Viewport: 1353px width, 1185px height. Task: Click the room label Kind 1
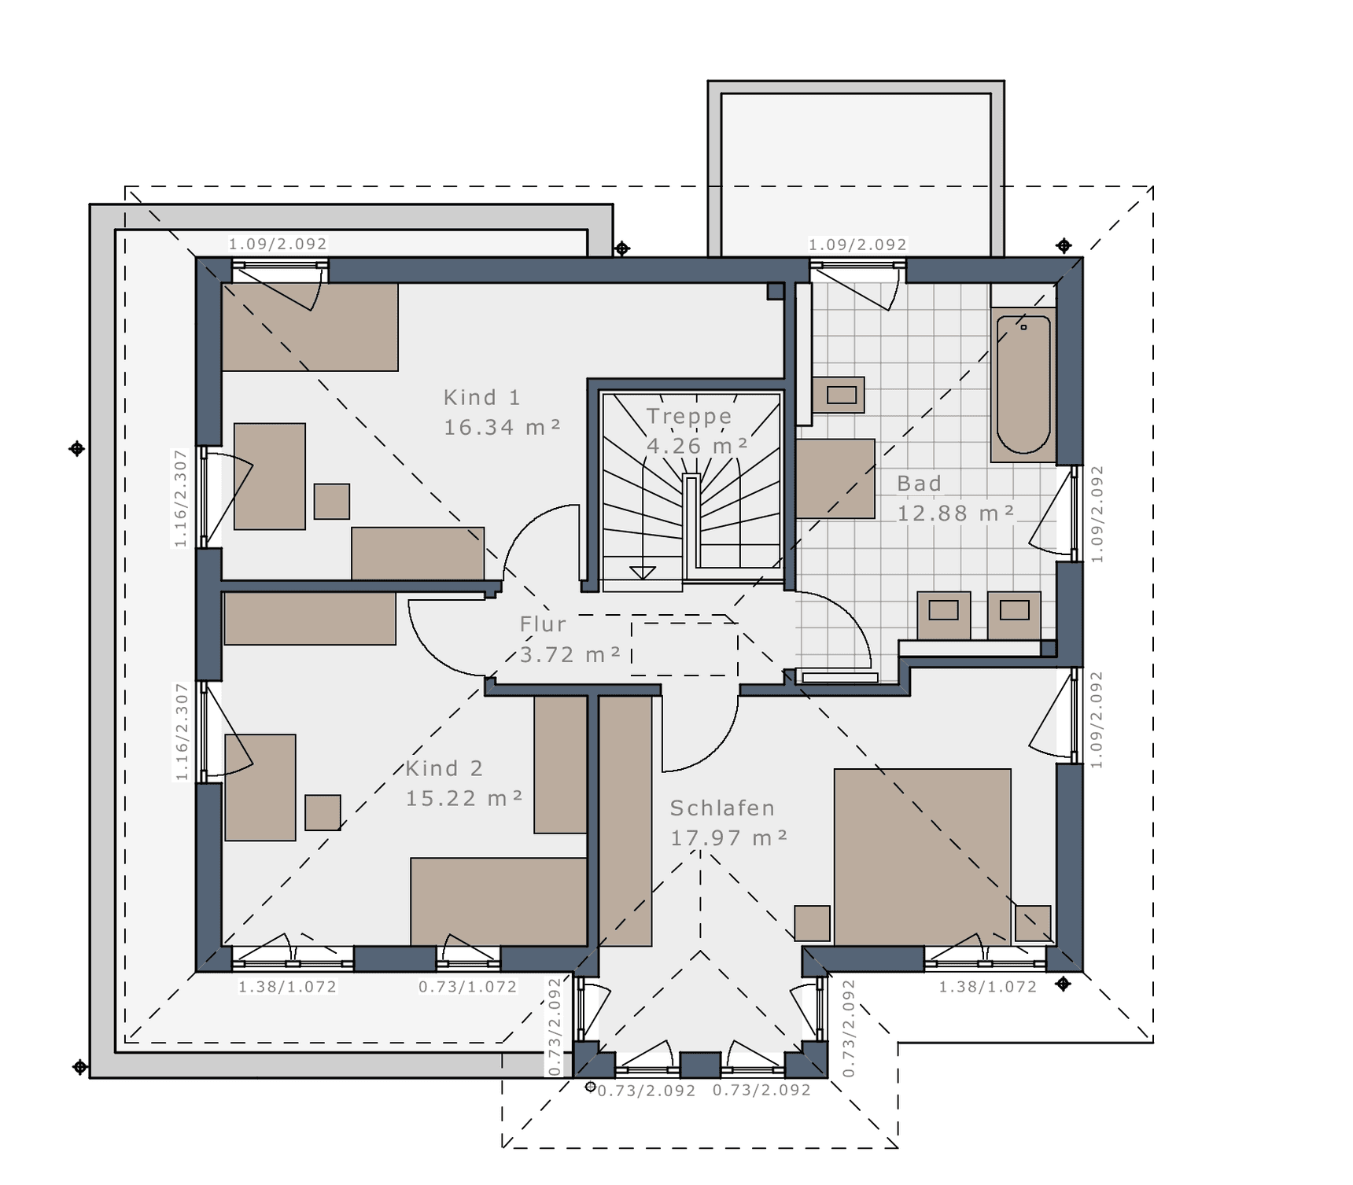point(482,398)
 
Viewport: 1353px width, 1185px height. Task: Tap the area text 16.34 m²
point(502,428)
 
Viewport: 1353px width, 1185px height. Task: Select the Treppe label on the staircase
point(689,417)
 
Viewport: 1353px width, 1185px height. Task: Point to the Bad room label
point(919,484)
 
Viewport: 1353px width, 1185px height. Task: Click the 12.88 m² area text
point(956,513)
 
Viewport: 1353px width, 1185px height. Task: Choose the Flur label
point(543,624)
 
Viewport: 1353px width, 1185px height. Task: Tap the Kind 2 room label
point(444,768)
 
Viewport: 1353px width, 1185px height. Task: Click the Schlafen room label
point(722,808)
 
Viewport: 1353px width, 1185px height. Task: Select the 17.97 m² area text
point(728,838)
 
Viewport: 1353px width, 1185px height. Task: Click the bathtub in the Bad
point(1023,385)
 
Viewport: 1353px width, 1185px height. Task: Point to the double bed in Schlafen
point(923,856)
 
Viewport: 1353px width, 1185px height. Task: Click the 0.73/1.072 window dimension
point(468,987)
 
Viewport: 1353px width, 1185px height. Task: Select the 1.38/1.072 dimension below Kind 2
point(288,987)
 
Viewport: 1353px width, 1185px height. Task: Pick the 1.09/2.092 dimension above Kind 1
point(278,244)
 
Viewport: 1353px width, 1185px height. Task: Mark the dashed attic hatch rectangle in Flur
point(684,650)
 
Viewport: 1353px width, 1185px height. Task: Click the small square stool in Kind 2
point(323,812)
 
